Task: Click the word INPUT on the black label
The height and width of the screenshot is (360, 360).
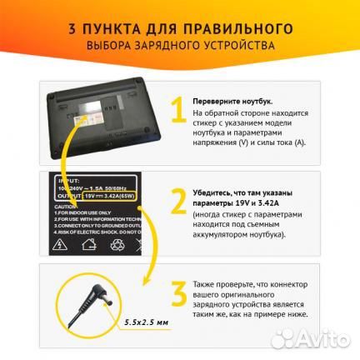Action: (x=64, y=178)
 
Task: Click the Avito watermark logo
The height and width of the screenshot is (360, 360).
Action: (x=320, y=342)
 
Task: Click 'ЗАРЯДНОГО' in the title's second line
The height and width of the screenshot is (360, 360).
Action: (x=180, y=44)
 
